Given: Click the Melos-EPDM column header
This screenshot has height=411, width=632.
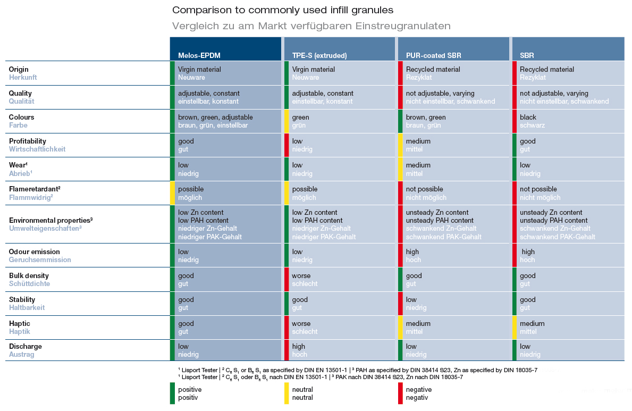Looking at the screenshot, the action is [199, 55].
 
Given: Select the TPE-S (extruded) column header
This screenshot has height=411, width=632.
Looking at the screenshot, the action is [319, 55].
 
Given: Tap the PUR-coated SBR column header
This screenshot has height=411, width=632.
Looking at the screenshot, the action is [433, 55].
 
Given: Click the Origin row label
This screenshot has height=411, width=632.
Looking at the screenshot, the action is [19, 69].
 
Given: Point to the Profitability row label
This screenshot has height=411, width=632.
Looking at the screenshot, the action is [28, 141].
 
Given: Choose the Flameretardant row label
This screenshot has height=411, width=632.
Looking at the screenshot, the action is [35, 189].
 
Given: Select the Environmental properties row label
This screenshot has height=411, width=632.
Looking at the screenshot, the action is [51, 220].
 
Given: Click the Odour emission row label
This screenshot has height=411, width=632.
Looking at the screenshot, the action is [34, 251].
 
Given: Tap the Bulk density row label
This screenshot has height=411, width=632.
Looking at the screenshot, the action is [29, 275].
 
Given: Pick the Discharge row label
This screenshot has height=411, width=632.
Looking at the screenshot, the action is [26, 346].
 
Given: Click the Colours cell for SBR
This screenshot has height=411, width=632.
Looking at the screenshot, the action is [568, 121].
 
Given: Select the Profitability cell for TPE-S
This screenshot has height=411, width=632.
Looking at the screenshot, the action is [339, 145].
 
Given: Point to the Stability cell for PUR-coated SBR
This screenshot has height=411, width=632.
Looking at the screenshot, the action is [454, 303].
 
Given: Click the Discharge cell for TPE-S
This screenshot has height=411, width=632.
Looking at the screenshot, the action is [339, 350].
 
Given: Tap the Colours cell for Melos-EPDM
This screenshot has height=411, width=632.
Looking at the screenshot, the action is [225, 121].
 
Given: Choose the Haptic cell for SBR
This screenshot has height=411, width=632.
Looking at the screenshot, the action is [568, 328].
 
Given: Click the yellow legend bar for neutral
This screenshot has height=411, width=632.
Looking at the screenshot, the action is [286, 393].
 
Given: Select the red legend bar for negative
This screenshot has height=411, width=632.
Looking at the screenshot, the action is [400, 393].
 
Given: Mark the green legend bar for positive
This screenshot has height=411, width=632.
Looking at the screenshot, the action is [173, 393].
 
